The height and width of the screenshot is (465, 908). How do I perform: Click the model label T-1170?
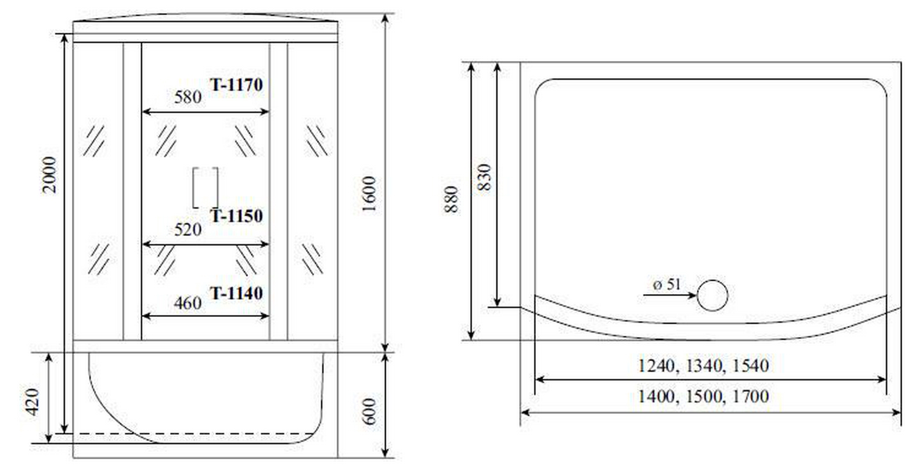point(236,85)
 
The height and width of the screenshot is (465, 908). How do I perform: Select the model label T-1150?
point(236,216)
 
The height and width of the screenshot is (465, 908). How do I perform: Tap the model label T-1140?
point(236,294)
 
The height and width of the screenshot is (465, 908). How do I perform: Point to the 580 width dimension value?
point(188,98)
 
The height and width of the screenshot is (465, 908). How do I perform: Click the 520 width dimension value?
point(188,230)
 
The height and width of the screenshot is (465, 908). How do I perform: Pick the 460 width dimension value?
point(188,303)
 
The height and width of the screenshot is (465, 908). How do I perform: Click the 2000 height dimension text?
point(49,176)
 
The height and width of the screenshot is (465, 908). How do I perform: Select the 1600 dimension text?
point(369,194)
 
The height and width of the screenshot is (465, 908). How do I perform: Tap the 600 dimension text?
point(369,412)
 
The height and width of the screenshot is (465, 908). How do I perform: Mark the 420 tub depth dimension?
point(33,402)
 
